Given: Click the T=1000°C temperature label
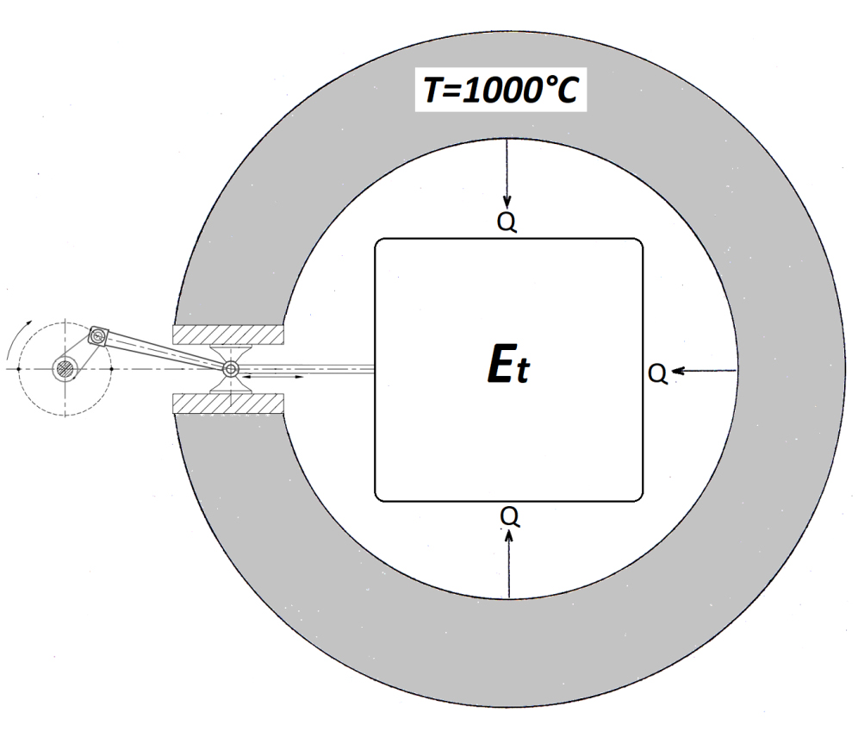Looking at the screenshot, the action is (x=501, y=90).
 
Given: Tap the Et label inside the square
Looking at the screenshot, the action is (x=508, y=366).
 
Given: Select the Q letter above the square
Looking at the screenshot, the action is (x=507, y=222).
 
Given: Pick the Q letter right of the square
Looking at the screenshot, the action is (x=658, y=373).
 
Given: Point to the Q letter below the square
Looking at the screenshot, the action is (x=509, y=516).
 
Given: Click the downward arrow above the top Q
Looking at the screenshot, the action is (x=507, y=174).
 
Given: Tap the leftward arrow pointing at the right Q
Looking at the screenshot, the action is (x=705, y=372).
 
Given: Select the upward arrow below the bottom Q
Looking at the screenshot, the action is (x=509, y=564).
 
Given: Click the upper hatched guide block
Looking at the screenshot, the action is (x=228, y=335).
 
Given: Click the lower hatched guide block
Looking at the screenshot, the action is (x=228, y=403).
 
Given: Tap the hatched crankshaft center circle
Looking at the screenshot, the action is (x=66, y=368).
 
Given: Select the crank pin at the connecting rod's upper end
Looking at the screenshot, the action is (x=98, y=335).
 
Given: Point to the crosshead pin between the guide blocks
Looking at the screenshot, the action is (x=231, y=369).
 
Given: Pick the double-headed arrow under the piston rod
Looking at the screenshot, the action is (x=272, y=378).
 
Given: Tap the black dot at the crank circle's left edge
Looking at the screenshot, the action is (x=19, y=369).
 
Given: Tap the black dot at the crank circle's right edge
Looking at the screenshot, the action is (x=112, y=369).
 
